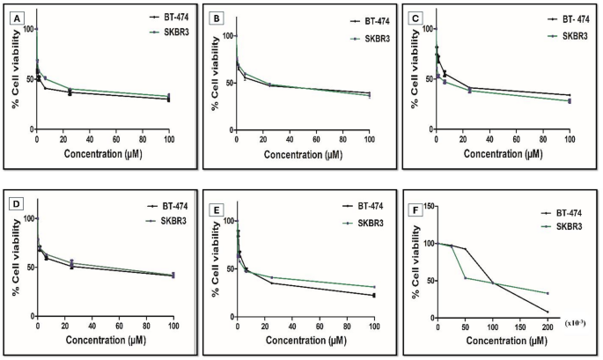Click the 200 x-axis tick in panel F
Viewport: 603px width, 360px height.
(x=548, y=327)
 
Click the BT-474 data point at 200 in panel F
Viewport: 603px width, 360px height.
(x=548, y=312)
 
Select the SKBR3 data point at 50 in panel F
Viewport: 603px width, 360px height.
(x=466, y=278)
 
